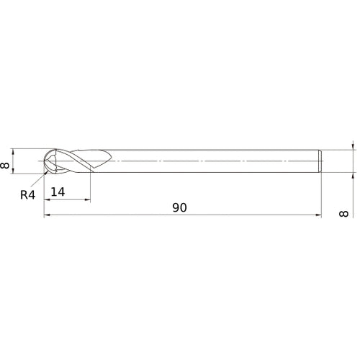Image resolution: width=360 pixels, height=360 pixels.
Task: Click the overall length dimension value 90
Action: click(x=179, y=207)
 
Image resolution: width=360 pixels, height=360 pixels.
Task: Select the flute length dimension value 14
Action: click(x=59, y=192)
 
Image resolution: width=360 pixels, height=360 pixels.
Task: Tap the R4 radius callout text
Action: click(x=28, y=194)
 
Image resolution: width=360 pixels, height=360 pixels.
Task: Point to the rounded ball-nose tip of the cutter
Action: click(x=46, y=162)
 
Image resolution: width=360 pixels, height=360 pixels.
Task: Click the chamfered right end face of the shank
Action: click(x=318, y=162)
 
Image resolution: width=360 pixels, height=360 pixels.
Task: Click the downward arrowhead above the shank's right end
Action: click(x=353, y=147)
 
